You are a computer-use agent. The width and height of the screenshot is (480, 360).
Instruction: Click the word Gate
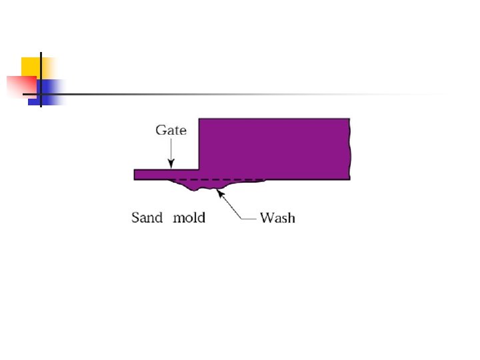pos(171,130)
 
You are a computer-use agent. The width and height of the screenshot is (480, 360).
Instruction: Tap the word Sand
pos(147,217)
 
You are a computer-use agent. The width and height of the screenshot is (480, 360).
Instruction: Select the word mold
pos(189,217)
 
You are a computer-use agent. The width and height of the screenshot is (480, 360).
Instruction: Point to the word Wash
pos(277,217)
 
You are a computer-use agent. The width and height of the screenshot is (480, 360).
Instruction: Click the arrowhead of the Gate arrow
pos(171,165)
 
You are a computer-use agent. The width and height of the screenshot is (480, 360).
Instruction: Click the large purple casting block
pos(273,147)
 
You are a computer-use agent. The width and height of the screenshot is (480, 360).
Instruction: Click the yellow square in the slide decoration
pos(31,67)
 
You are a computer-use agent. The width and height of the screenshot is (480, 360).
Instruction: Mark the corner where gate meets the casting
pos(199,169)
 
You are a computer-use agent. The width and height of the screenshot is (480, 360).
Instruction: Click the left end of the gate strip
pos(135,174)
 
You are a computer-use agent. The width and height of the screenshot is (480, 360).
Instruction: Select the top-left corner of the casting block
pos(200,119)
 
